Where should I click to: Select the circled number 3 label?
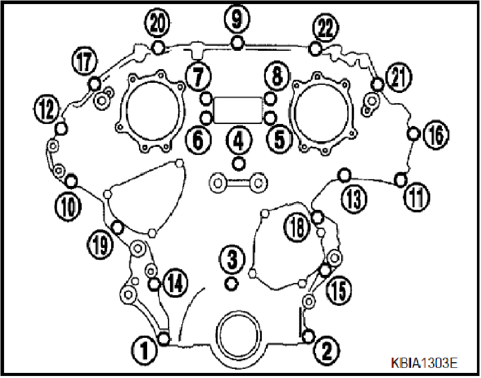point(232,260)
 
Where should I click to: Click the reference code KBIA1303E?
point(424,363)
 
